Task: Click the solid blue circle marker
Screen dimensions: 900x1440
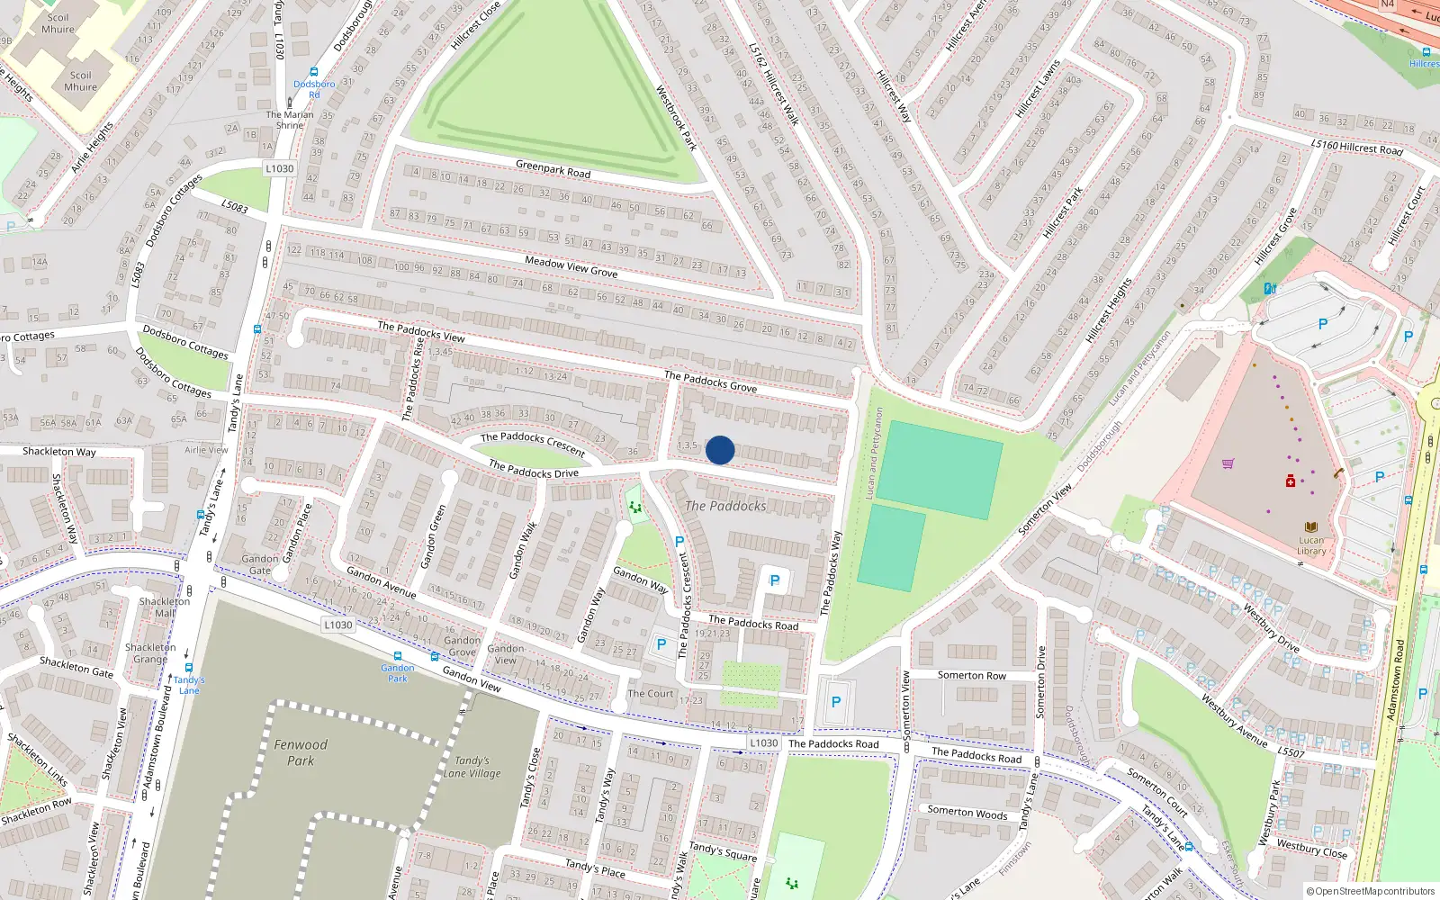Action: pos(720,450)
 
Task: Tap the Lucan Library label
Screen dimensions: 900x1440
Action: pos(1311,545)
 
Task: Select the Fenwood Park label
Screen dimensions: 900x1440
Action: pos(301,752)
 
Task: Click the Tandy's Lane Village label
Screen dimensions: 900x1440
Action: pos(472,767)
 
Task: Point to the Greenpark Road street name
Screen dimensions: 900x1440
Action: pos(553,168)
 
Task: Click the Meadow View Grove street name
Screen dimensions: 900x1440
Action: pos(571,266)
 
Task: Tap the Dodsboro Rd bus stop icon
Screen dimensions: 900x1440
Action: pos(313,72)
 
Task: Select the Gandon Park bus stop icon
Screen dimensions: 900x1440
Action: pos(397,656)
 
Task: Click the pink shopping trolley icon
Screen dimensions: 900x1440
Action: pos(1228,464)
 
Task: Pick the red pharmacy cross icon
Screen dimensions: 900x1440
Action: pos(1290,481)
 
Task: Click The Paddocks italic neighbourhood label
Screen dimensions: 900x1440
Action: pos(725,506)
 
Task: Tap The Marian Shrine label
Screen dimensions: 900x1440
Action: pos(290,120)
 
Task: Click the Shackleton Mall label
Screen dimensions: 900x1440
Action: pos(165,607)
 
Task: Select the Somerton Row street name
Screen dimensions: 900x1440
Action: pos(971,675)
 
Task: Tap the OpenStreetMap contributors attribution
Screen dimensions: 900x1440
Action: pos(1370,892)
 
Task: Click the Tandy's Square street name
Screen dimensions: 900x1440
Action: pos(723,851)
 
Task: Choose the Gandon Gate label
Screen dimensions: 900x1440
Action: pos(260,564)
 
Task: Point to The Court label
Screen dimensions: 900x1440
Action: pos(650,693)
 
